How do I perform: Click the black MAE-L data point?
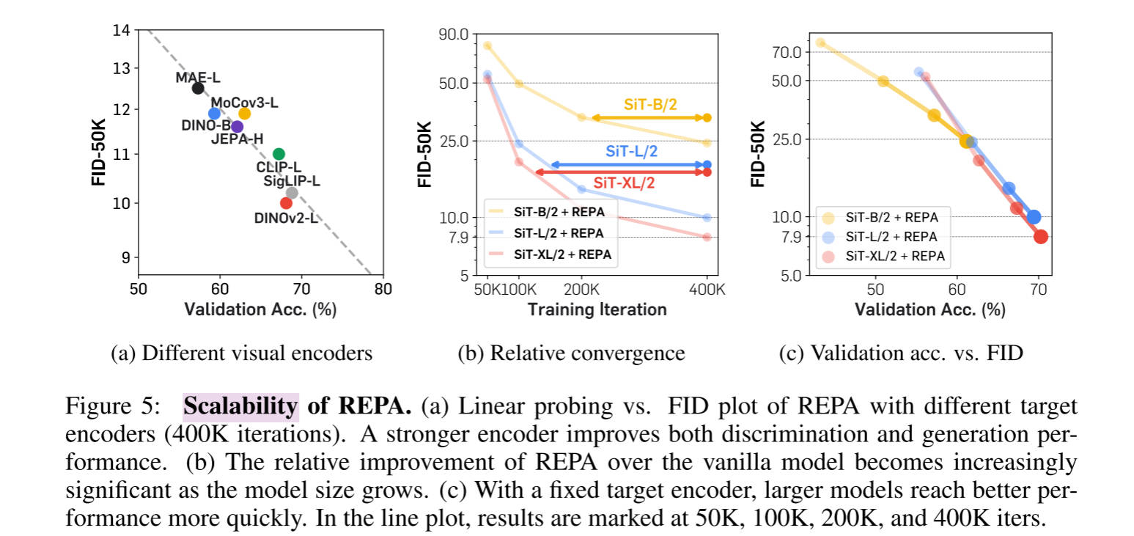click(198, 88)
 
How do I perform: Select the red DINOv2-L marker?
click(286, 202)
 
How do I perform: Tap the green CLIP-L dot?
click(279, 153)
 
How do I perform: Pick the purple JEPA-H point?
click(237, 126)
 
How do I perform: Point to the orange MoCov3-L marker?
click(245, 113)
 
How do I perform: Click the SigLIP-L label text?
click(292, 180)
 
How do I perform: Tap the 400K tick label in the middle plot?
click(707, 289)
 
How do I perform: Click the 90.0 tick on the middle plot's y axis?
click(453, 34)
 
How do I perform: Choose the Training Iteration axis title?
click(597, 309)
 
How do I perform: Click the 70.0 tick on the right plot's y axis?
click(787, 52)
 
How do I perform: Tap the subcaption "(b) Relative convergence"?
click(571, 353)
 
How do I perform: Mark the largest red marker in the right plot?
click(1040, 236)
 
